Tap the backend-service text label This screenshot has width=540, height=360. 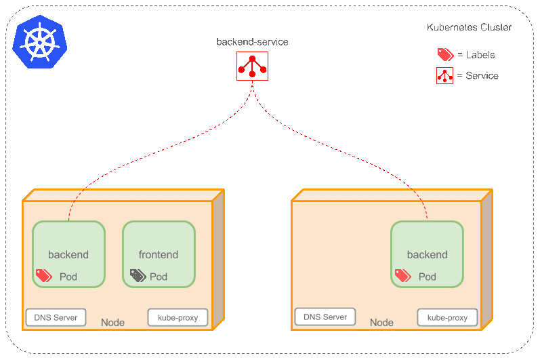point(252,42)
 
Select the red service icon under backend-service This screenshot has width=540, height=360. point(252,66)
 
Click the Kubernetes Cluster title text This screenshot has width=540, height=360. point(469,28)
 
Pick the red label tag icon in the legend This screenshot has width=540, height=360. point(444,55)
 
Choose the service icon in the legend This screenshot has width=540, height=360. point(444,75)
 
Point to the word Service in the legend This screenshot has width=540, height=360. point(482,76)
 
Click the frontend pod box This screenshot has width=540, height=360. point(159,254)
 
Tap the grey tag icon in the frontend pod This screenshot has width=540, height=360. point(138,275)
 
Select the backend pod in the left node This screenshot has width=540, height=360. point(68,254)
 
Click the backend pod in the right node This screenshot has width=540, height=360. point(427,254)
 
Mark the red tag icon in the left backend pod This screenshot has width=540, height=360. point(43,275)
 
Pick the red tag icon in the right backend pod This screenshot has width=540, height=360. point(402,275)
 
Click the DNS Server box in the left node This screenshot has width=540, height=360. point(56,317)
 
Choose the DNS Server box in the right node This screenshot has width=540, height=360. point(325,317)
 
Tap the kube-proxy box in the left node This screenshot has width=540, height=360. point(178,317)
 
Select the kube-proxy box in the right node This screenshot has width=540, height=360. point(447,317)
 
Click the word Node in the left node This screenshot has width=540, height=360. point(112,323)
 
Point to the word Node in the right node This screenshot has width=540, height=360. point(381,323)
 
